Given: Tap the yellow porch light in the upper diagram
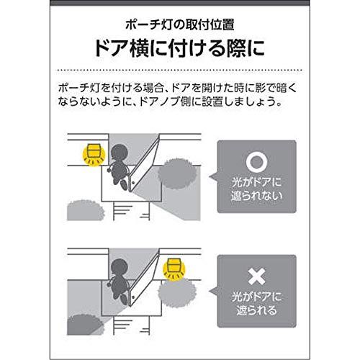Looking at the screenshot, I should pyautogui.click(x=91, y=152).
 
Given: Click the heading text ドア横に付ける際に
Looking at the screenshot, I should pyautogui.click(x=179, y=48).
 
